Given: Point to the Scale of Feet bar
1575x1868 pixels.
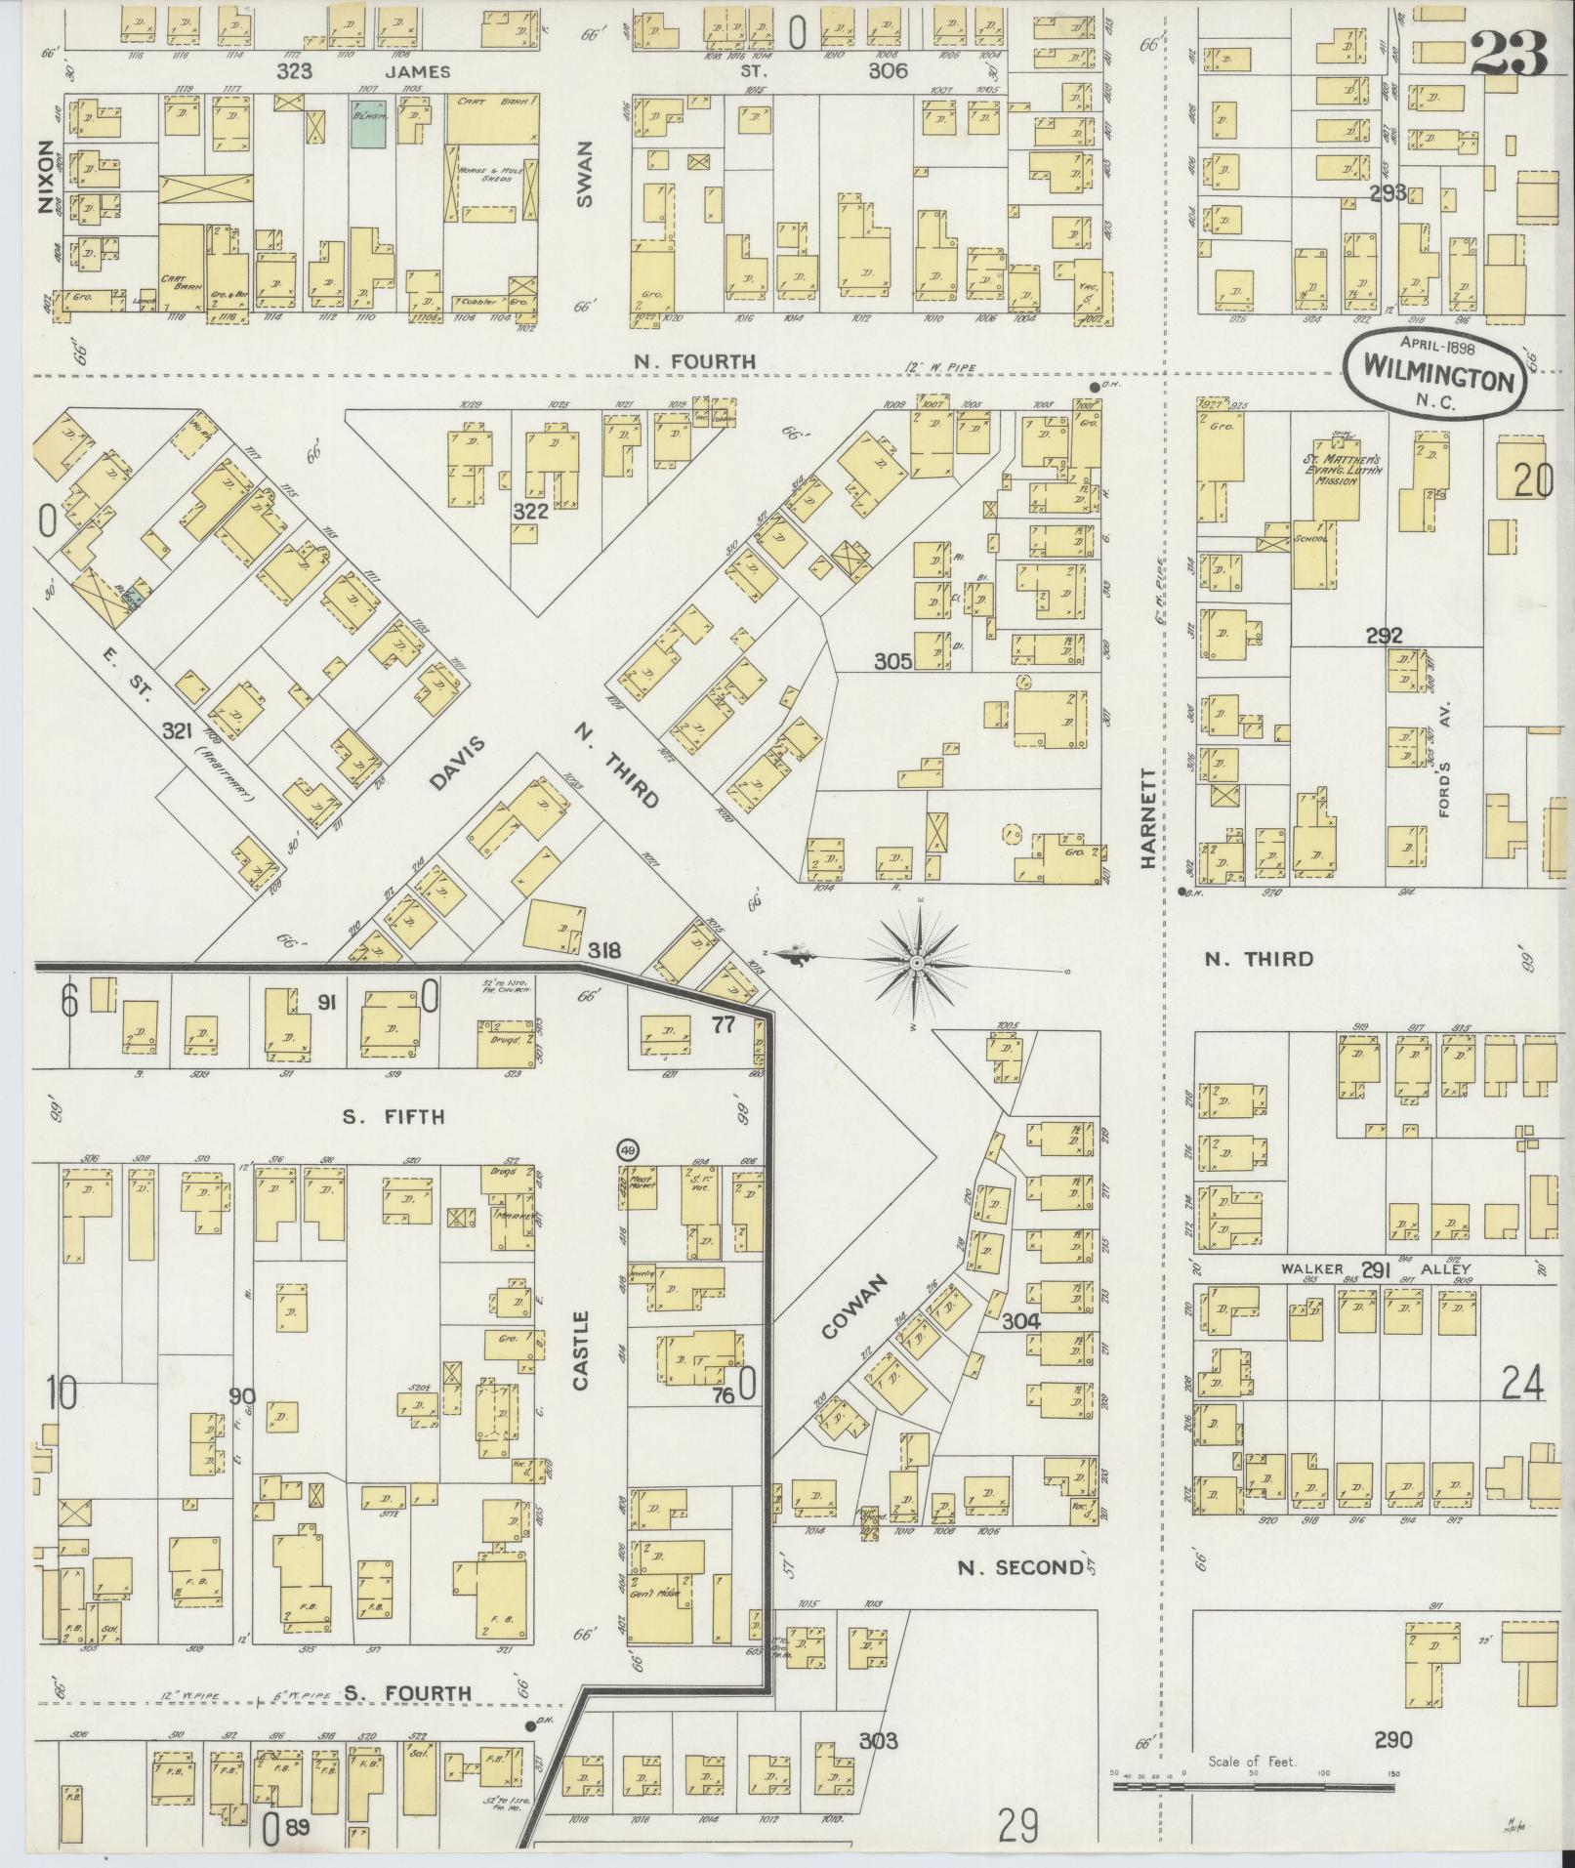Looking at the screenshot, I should [1253, 1786].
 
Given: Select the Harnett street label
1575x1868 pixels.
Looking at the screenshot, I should [1148, 818].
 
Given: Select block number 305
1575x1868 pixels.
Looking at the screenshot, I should [892, 661].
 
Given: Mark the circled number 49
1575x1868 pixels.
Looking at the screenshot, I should [629, 1149].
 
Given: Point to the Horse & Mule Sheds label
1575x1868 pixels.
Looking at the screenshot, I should [486, 176].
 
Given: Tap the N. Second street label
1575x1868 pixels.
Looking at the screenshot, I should [1020, 1568].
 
